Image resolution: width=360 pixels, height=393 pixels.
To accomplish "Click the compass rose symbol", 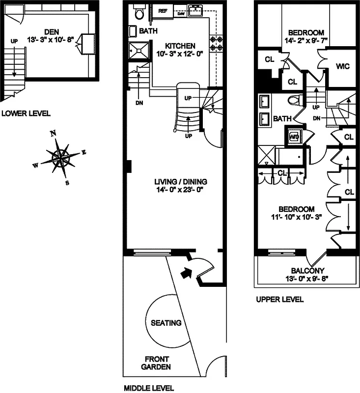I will pyautogui.click(x=60, y=157).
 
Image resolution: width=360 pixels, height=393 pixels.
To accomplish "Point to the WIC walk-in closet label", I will pyautogui.click(x=342, y=66).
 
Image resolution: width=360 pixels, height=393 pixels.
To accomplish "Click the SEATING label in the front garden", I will pyautogui.click(x=166, y=323).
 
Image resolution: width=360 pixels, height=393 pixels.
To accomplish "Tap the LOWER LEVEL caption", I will pyautogui.click(x=26, y=113).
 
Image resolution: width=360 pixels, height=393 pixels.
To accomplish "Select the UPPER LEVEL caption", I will pyautogui.click(x=279, y=299).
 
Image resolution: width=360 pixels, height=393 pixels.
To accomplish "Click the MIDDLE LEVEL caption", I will pyautogui.click(x=148, y=388).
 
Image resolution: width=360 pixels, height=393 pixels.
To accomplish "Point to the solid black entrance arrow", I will pyautogui.click(x=187, y=272).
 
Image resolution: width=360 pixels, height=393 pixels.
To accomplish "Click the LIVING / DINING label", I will pyautogui.click(x=178, y=180).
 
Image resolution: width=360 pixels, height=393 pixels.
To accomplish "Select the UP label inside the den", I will pyautogui.click(x=14, y=42).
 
